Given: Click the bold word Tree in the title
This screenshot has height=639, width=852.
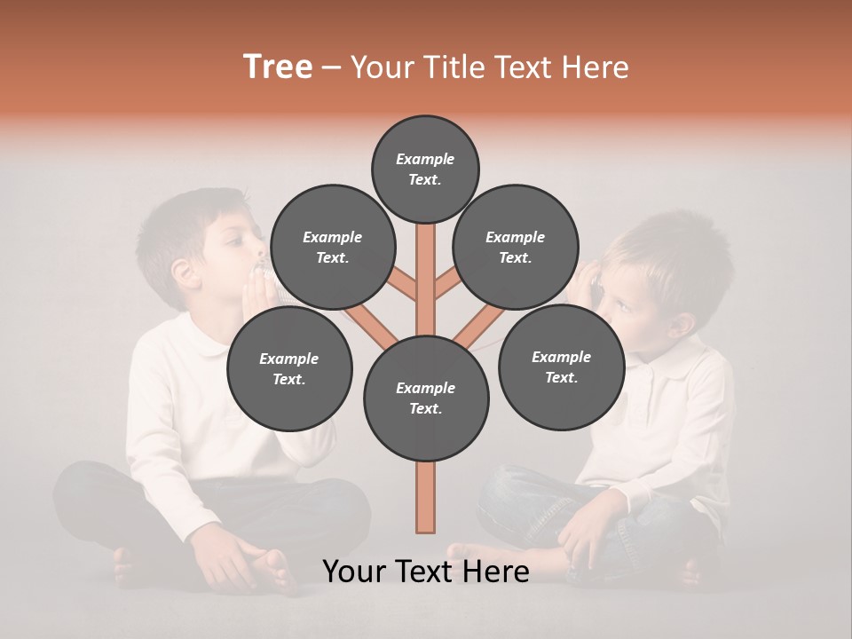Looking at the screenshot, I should pyautogui.click(x=278, y=67).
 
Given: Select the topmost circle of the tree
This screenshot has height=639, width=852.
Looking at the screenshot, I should pyautogui.click(x=425, y=169).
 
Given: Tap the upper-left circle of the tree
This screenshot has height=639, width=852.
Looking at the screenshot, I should pyautogui.click(x=333, y=248).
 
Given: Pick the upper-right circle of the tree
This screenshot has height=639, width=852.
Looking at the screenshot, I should pyautogui.click(x=516, y=248).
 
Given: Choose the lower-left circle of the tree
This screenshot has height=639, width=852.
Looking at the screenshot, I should pyautogui.click(x=289, y=369).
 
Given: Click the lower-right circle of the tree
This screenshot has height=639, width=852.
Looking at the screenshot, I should pyautogui.click(x=561, y=367).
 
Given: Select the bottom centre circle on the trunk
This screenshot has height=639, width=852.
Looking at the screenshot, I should pyautogui.click(x=426, y=398).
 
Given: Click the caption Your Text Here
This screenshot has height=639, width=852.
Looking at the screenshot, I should pyautogui.click(x=426, y=572).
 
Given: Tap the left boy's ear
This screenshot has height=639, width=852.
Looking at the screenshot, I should pyautogui.click(x=185, y=272).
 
